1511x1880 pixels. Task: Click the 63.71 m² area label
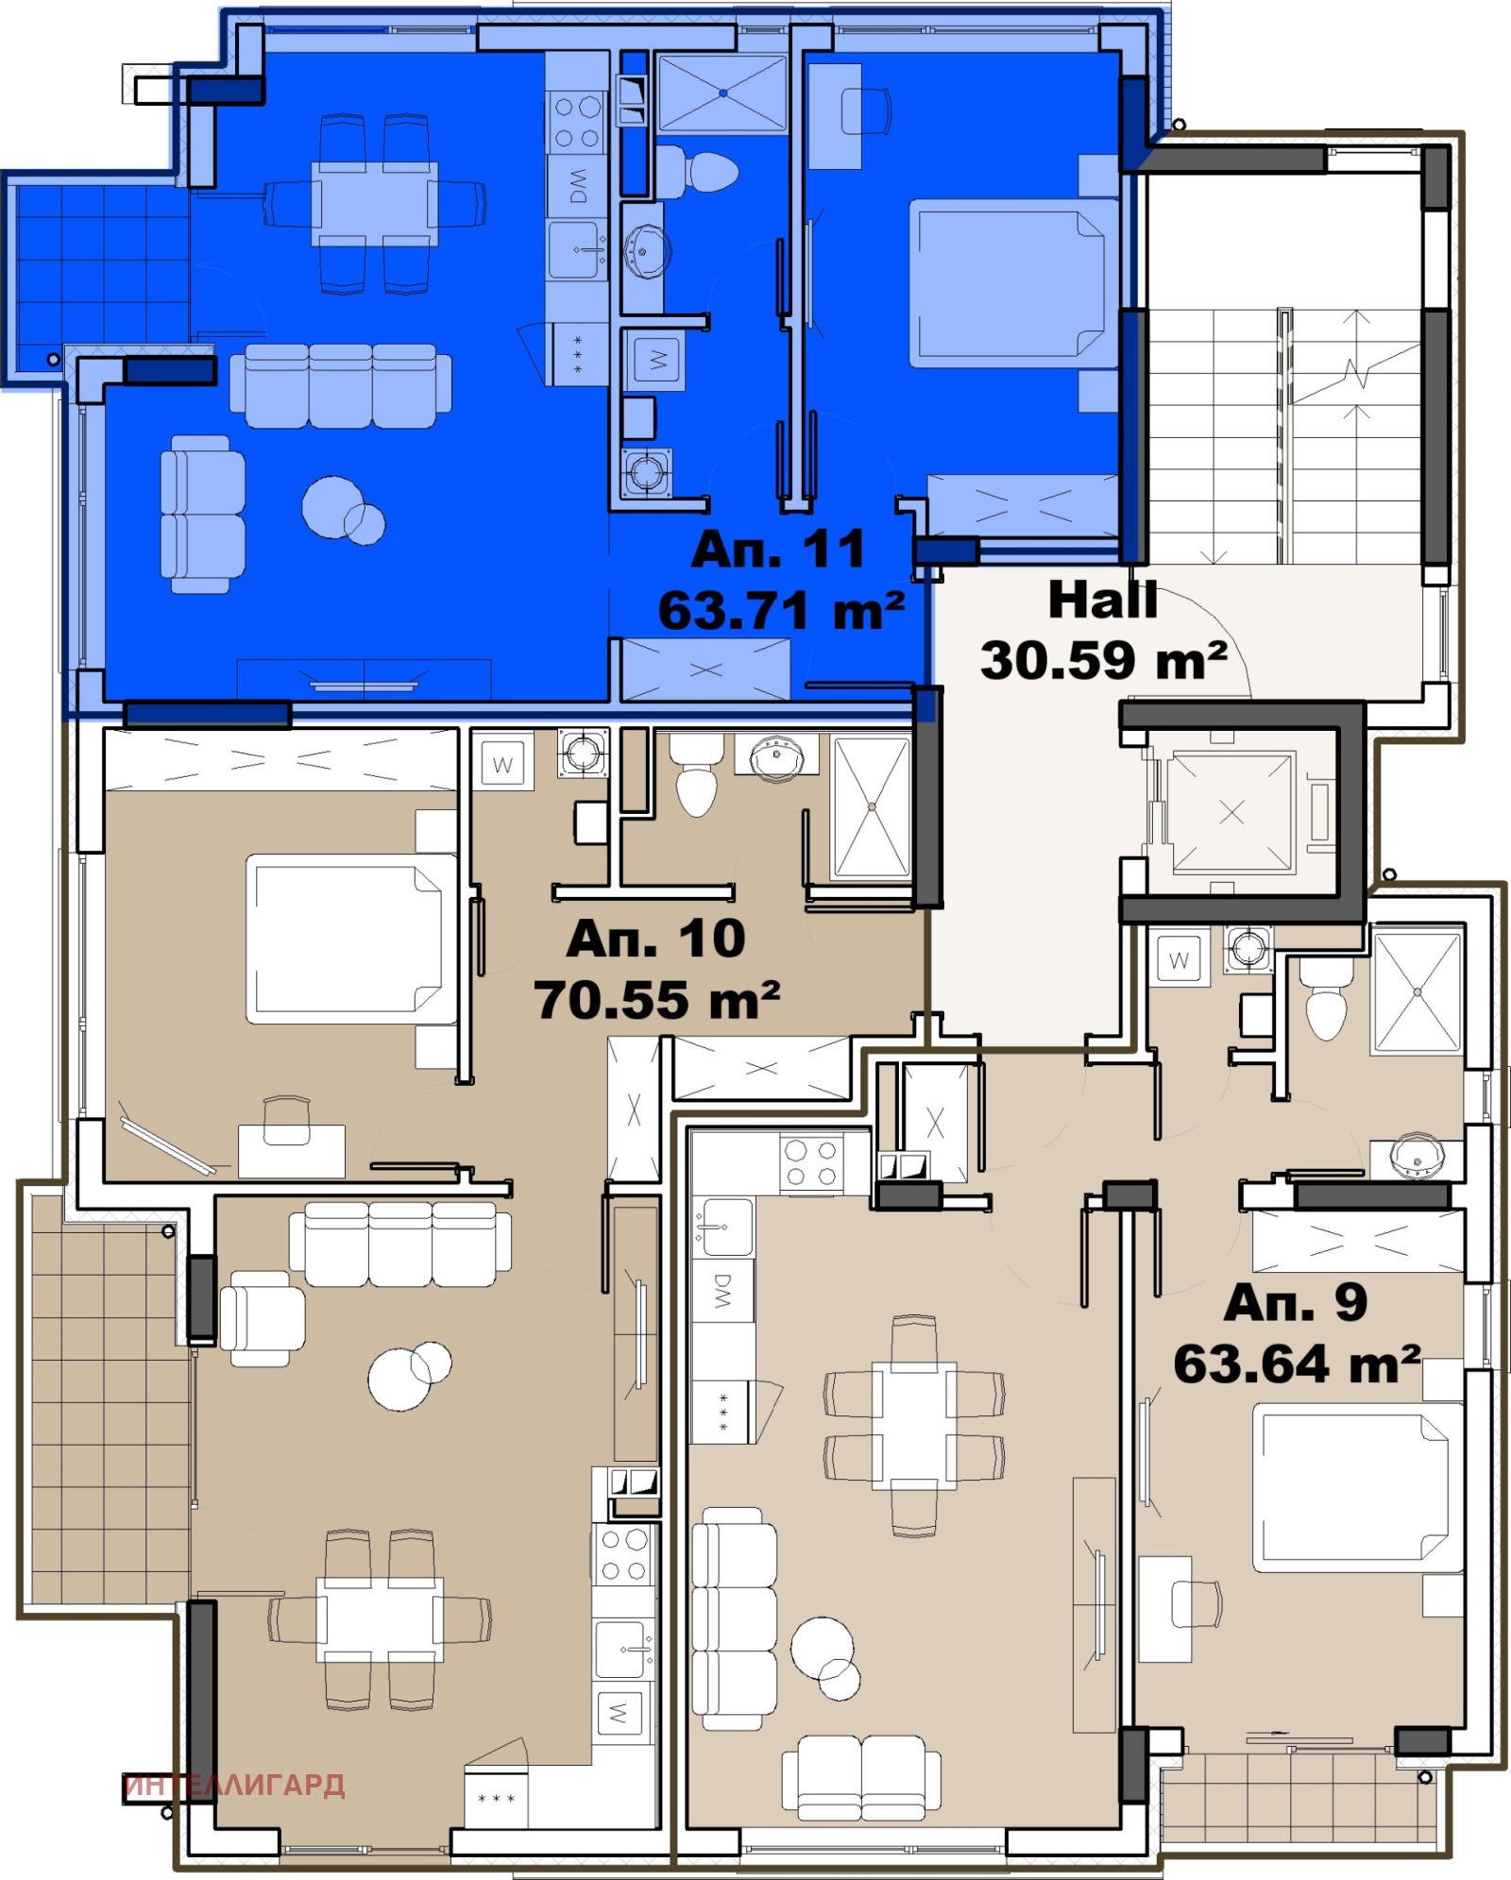click(781, 611)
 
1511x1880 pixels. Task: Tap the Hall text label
click(1102, 601)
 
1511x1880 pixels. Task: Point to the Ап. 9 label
click(1295, 1303)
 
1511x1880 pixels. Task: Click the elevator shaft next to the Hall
click(1231, 812)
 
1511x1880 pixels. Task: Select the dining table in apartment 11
click(375, 203)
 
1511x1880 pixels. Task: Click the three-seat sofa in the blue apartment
click(340, 385)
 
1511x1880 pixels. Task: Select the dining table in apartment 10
click(380, 1619)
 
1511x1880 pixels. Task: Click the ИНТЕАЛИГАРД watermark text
click(234, 1785)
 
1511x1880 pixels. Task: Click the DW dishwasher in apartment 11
click(577, 186)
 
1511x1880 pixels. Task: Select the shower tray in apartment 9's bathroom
click(1417, 991)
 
